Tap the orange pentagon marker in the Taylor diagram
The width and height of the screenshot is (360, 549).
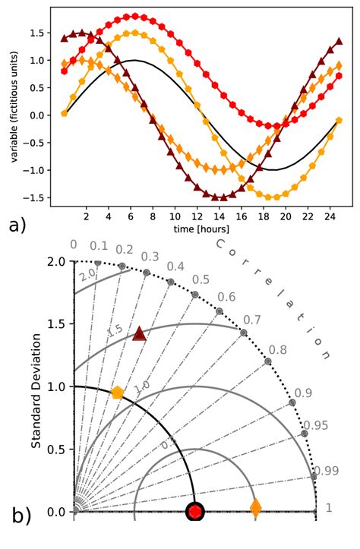(117, 393)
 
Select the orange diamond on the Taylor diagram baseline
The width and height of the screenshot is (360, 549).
(255, 508)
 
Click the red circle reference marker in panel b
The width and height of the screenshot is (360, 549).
(196, 513)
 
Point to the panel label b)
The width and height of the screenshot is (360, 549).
(22, 516)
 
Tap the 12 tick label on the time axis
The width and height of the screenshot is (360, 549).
(197, 216)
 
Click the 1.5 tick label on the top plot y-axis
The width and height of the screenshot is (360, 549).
(35, 33)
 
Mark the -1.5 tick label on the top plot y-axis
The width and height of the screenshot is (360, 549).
(33, 197)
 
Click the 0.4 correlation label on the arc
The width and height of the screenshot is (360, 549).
(175, 267)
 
